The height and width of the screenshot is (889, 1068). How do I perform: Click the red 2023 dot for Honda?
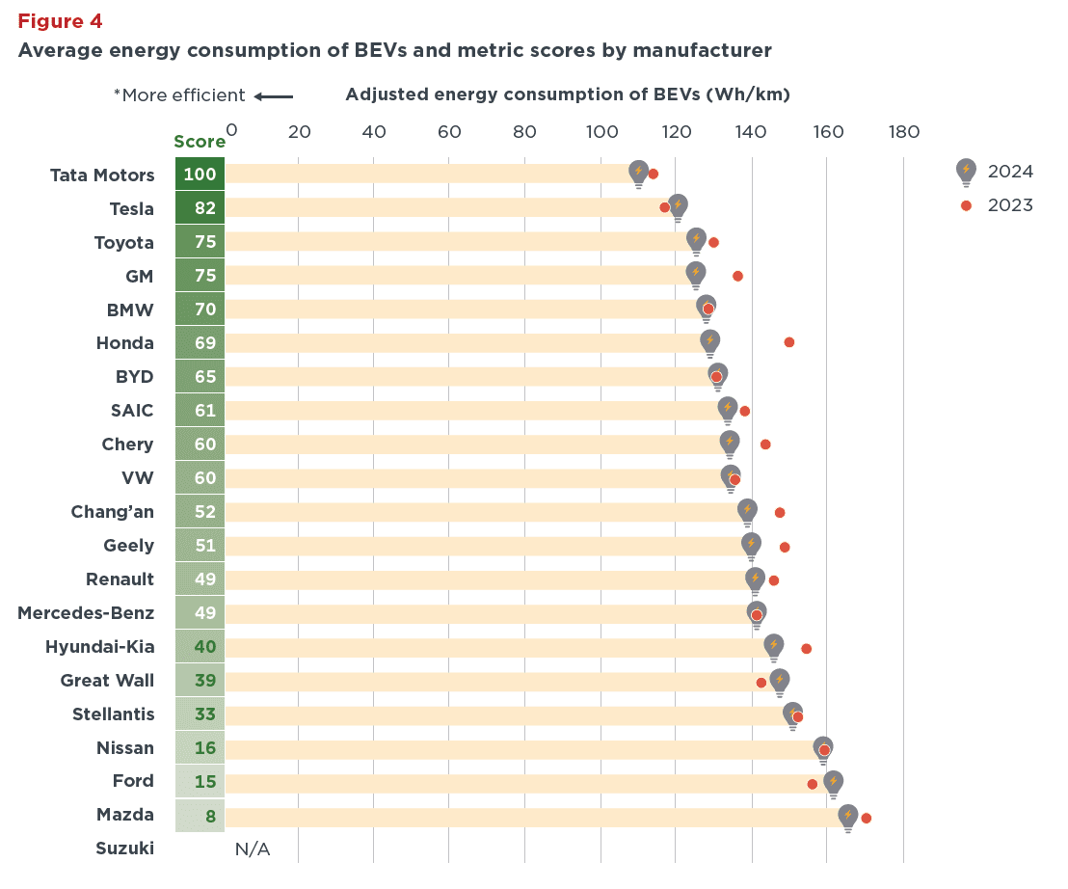(789, 342)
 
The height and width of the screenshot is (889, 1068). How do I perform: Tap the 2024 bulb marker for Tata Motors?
(638, 172)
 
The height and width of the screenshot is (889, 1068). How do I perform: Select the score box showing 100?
(200, 175)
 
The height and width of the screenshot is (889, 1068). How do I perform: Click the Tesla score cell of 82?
(200, 208)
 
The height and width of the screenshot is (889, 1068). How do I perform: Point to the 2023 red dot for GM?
(737, 276)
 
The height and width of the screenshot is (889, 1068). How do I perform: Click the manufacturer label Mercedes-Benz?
(86, 612)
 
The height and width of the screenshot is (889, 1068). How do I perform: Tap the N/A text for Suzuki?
(253, 849)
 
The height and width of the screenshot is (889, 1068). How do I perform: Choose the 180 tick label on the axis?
(903, 131)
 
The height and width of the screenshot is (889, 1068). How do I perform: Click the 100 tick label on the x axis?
(601, 131)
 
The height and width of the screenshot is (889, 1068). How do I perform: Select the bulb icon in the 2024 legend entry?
(966, 171)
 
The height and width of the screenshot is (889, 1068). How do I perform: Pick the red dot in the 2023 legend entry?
(966, 205)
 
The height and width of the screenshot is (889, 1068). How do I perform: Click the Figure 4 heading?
(60, 21)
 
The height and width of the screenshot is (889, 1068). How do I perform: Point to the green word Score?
(200, 142)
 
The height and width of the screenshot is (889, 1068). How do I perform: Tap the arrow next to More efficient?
(275, 95)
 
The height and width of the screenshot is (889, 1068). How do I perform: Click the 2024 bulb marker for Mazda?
(847, 817)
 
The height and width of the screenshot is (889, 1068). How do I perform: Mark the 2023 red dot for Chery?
(765, 444)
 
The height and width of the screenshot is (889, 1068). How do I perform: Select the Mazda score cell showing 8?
(200, 816)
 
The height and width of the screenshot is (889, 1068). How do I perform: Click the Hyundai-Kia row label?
(99, 646)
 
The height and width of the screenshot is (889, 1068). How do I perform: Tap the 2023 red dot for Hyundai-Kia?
(806, 649)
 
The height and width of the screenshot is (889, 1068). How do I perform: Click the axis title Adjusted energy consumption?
(567, 94)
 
